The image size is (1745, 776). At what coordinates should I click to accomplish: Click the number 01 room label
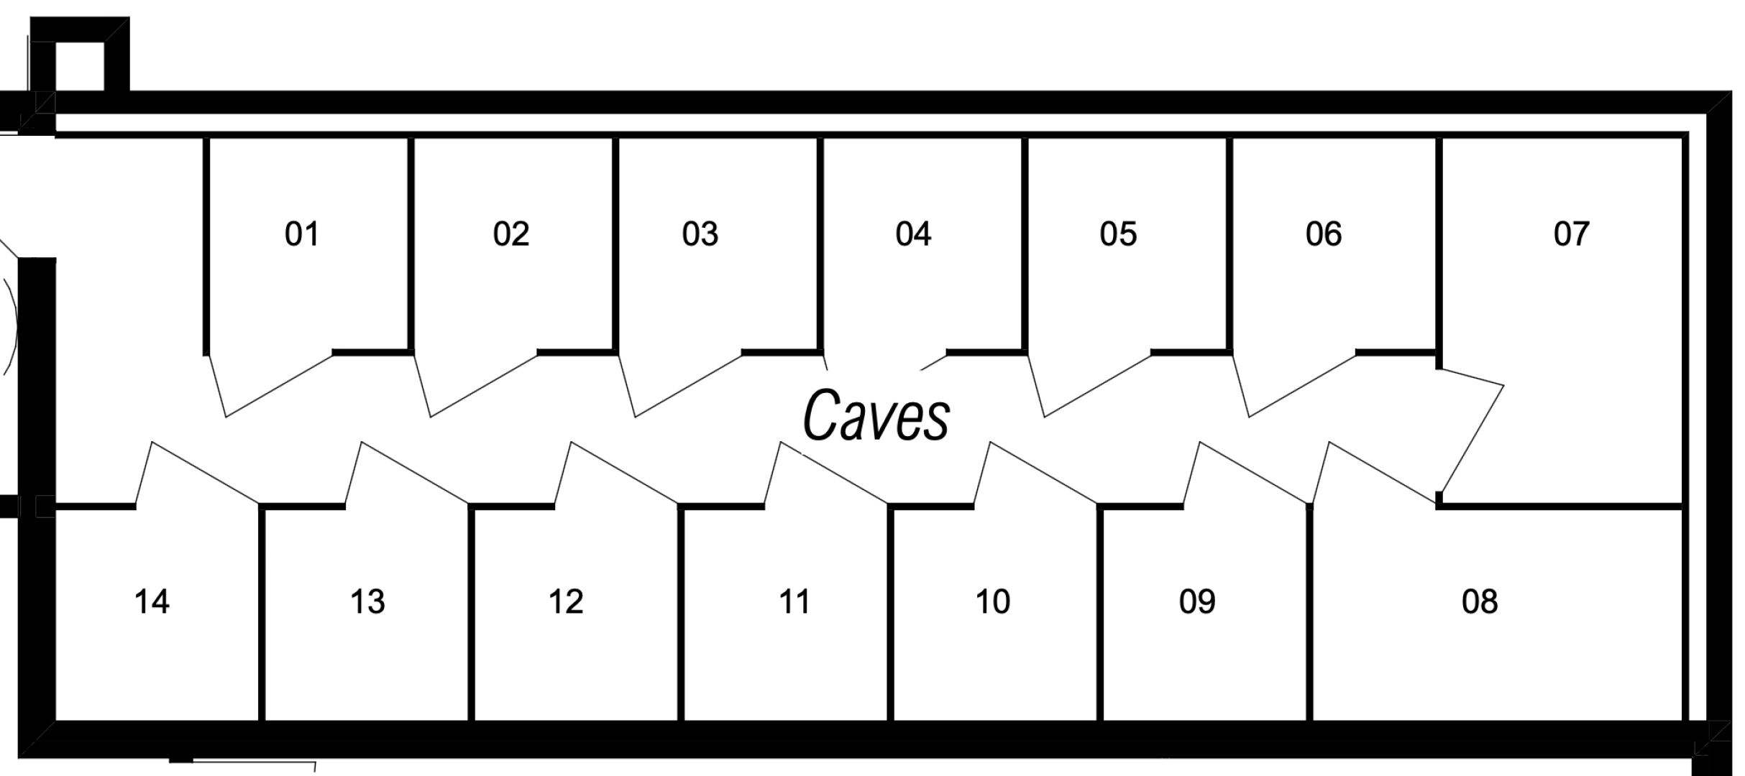[301, 234]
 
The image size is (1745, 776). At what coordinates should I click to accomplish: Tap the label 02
[511, 234]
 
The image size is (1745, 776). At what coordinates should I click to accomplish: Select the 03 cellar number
[700, 234]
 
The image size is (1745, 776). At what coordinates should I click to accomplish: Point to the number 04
[913, 234]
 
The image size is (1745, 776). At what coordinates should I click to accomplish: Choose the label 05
[1118, 234]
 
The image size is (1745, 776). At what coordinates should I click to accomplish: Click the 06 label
[1324, 234]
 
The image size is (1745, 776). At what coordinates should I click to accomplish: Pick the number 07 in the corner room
[1571, 234]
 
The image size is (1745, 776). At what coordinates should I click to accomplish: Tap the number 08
[1480, 601]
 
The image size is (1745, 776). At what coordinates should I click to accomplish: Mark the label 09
[1197, 601]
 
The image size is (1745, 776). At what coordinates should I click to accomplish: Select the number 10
[993, 601]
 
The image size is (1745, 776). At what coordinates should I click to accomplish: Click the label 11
[794, 601]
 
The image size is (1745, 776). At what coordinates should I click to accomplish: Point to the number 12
[566, 601]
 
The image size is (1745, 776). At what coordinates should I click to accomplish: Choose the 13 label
[367, 601]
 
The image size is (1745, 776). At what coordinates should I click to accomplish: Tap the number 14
[152, 601]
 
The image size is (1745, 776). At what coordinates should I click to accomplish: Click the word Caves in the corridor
[876, 415]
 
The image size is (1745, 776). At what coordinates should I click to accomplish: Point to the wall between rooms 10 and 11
[890, 614]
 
